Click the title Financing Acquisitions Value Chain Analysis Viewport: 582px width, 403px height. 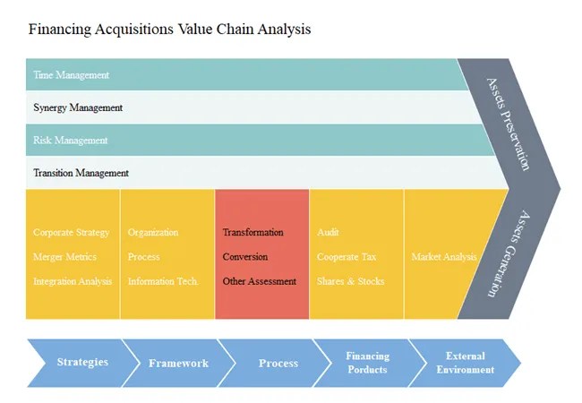point(170,29)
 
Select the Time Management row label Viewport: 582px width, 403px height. point(71,75)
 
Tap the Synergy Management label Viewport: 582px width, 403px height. point(78,107)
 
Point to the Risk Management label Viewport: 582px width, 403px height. point(71,141)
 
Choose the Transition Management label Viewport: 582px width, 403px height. point(81,173)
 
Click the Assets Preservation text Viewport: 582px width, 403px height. point(509,123)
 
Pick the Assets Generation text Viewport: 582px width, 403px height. point(509,253)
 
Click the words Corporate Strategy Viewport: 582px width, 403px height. point(72,233)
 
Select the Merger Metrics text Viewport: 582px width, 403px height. point(65,257)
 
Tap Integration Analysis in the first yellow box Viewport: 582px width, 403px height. point(73,281)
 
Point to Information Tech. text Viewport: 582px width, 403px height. point(163,281)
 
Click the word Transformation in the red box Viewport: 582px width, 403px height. point(253,233)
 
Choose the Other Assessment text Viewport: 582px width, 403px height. point(260,281)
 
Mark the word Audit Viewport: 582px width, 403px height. point(328,233)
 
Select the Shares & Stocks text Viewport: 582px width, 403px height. point(350,281)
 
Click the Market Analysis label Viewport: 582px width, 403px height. point(444,257)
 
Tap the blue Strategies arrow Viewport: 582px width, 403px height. point(82,363)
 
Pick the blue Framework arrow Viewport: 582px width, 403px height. point(178,364)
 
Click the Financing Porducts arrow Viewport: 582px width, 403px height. point(367,363)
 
